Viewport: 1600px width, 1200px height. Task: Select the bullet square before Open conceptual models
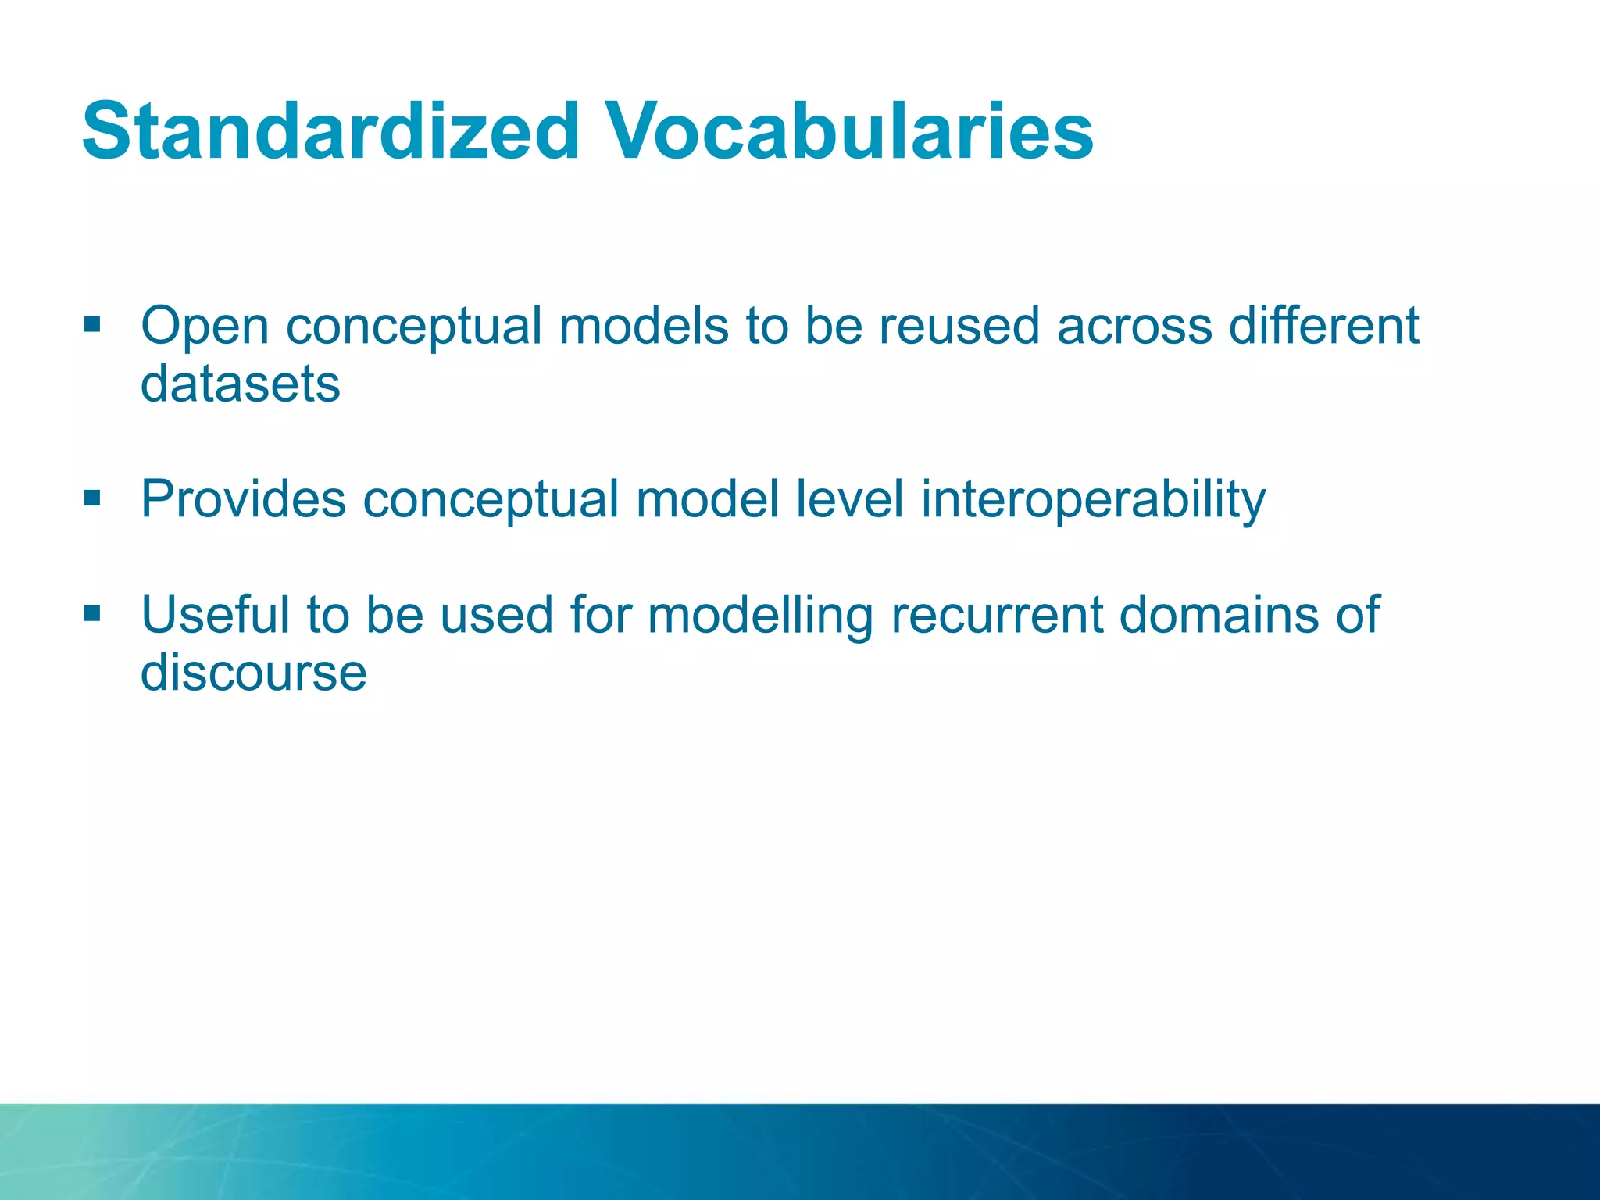(x=92, y=324)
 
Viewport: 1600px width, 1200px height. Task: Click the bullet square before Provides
(x=92, y=498)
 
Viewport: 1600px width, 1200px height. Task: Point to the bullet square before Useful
(x=92, y=613)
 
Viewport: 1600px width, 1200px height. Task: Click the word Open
(x=205, y=327)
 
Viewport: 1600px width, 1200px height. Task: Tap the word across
(x=1134, y=327)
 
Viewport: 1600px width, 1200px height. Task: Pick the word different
(x=1323, y=327)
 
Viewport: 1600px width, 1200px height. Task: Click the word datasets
(x=241, y=384)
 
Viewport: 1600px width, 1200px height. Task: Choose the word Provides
(x=243, y=499)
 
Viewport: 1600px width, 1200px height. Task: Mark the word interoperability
(x=1093, y=501)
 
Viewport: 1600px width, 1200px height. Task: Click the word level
(x=849, y=499)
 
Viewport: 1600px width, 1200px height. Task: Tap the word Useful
(x=215, y=615)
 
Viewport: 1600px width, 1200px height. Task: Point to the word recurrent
(x=996, y=615)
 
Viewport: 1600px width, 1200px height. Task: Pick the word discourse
(x=253, y=673)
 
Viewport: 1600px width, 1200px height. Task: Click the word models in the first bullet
(x=644, y=327)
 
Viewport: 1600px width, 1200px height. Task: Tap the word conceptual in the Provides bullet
(x=491, y=501)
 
